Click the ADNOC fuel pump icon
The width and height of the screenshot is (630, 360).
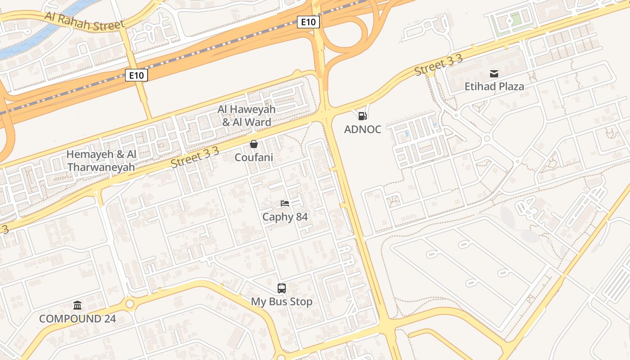point(362,116)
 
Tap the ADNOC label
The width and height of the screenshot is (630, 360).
point(362,130)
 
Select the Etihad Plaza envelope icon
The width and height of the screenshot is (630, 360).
point(494,73)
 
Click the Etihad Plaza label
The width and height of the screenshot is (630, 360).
point(494,86)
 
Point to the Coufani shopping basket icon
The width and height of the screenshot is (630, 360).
point(254,144)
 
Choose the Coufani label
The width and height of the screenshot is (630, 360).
point(254,157)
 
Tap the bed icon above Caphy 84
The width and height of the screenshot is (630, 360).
point(285,203)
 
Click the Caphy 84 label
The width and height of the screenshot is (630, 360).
point(285,217)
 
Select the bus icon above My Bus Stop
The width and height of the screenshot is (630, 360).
point(282,288)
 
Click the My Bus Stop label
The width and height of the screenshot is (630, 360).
point(282,301)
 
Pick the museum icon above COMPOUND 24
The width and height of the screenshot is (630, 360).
point(77,306)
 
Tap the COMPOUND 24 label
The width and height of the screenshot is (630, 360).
point(77,319)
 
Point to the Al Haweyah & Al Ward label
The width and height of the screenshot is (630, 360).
point(246,116)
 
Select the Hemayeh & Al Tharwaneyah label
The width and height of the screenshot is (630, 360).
point(101,161)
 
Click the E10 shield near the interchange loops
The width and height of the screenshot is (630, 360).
point(308,22)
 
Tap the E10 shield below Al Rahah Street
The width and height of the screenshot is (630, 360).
point(136,75)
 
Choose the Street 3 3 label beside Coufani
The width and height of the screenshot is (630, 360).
point(195,157)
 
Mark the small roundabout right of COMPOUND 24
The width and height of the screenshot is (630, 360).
point(130,304)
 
